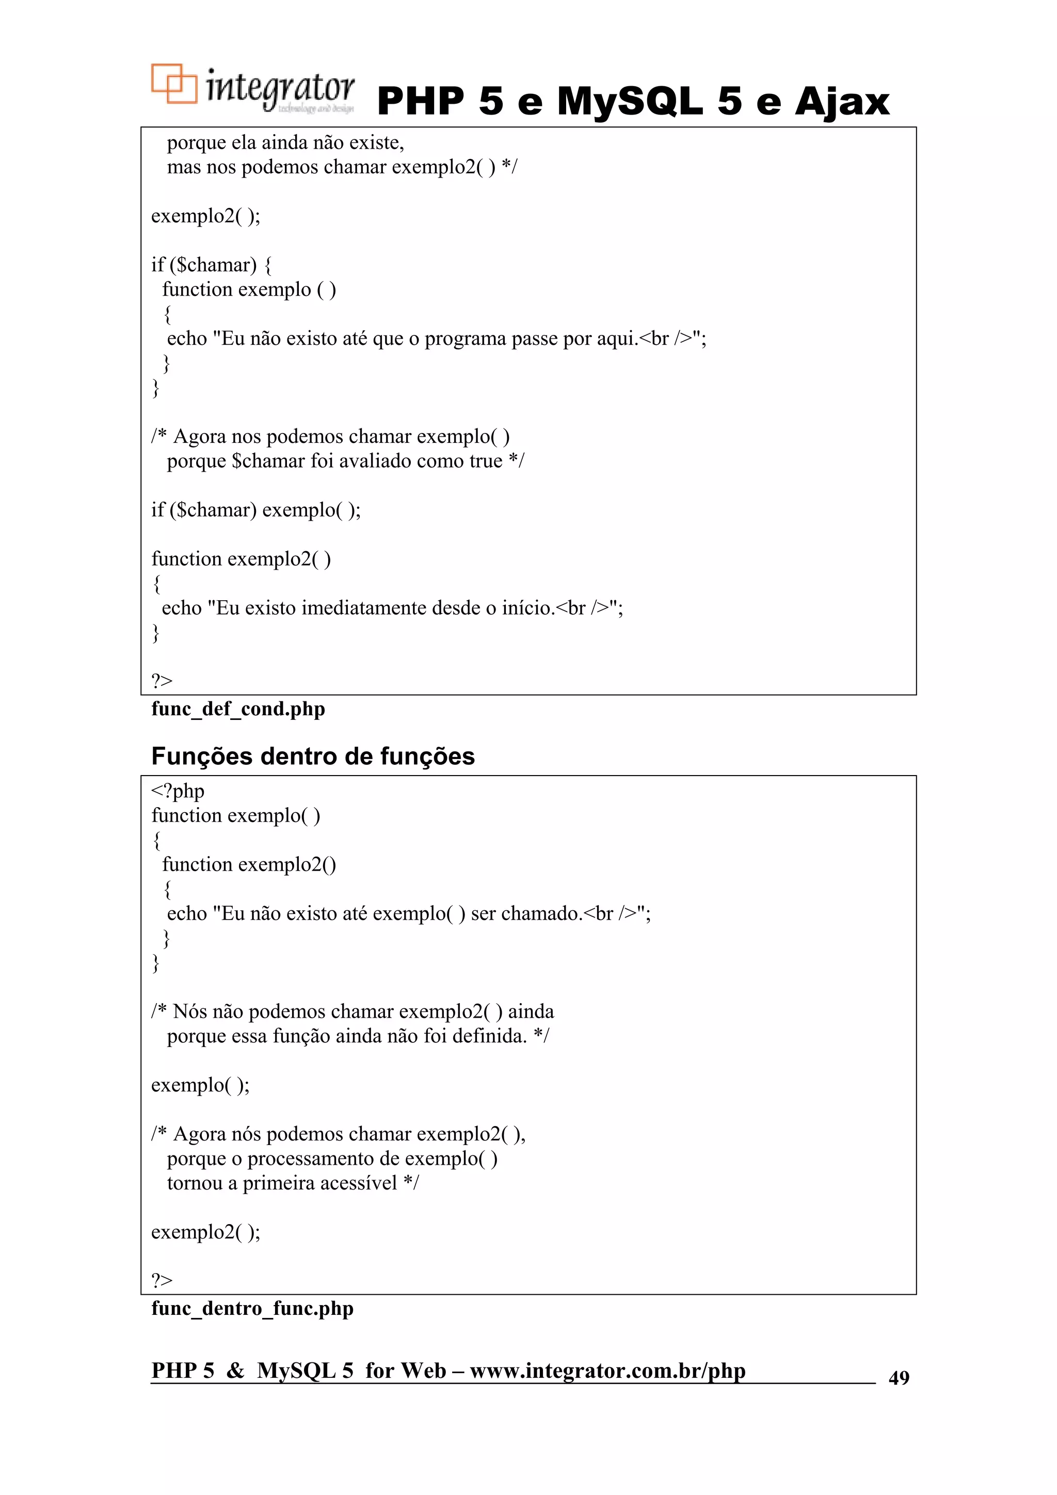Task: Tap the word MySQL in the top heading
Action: click(x=630, y=102)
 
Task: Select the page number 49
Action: click(x=899, y=1377)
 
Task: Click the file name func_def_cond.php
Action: click(x=238, y=709)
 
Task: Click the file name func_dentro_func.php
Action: click(x=252, y=1308)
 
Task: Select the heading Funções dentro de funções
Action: click(x=313, y=756)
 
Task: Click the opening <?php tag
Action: click(x=178, y=791)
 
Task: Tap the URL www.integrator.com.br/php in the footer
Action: click(x=607, y=1370)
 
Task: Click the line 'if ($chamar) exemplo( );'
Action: click(x=256, y=510)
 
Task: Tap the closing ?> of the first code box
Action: click(x=162, y=681)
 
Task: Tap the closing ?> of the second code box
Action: click(x=162, y=1280)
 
